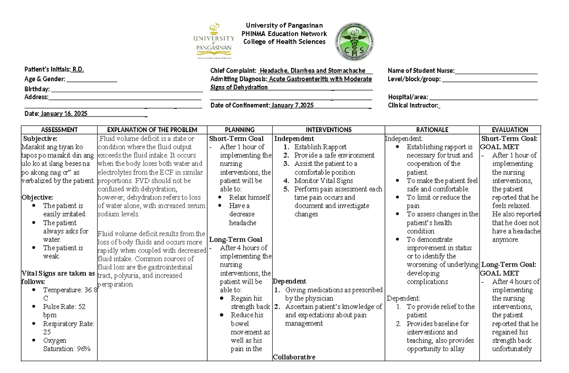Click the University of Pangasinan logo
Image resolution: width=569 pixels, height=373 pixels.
pyautogui.click(x=213, y=42)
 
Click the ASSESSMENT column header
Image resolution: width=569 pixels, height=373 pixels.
pyautogui.click(x=59, y=130)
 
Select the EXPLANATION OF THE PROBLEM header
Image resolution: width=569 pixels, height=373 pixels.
pyautogui.click(x=153, y=130)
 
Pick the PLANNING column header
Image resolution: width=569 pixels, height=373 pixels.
pyautogui.click(x=240, y=130)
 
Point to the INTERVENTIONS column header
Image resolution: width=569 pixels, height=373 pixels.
pyautogui.click(x=329, y=130)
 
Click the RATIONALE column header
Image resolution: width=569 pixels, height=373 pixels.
pyautogui.click(x=432, y=130)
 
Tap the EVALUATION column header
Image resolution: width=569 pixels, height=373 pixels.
pyautogui.click(x=510, y=130)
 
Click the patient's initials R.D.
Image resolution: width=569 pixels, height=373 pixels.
pyautogui.click(x=78, y=69)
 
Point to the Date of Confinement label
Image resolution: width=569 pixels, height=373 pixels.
pyautogui.click(x=240, y=105)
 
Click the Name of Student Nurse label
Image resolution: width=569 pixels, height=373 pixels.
pyautogui.click(x=421, y=71)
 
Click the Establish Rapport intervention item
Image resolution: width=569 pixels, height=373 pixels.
pyautogui.click(x=320, y=147)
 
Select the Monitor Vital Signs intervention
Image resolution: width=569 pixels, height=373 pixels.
pyautogui.click(x=323, y=181)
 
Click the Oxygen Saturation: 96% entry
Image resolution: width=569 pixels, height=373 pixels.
pyautogui.click(x=66, y=344)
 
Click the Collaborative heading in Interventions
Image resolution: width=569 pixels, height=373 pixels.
pyautogui.click(x=294, y=357)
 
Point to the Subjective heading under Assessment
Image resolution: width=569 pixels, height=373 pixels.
pyautogui.click(x=40, y=138)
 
